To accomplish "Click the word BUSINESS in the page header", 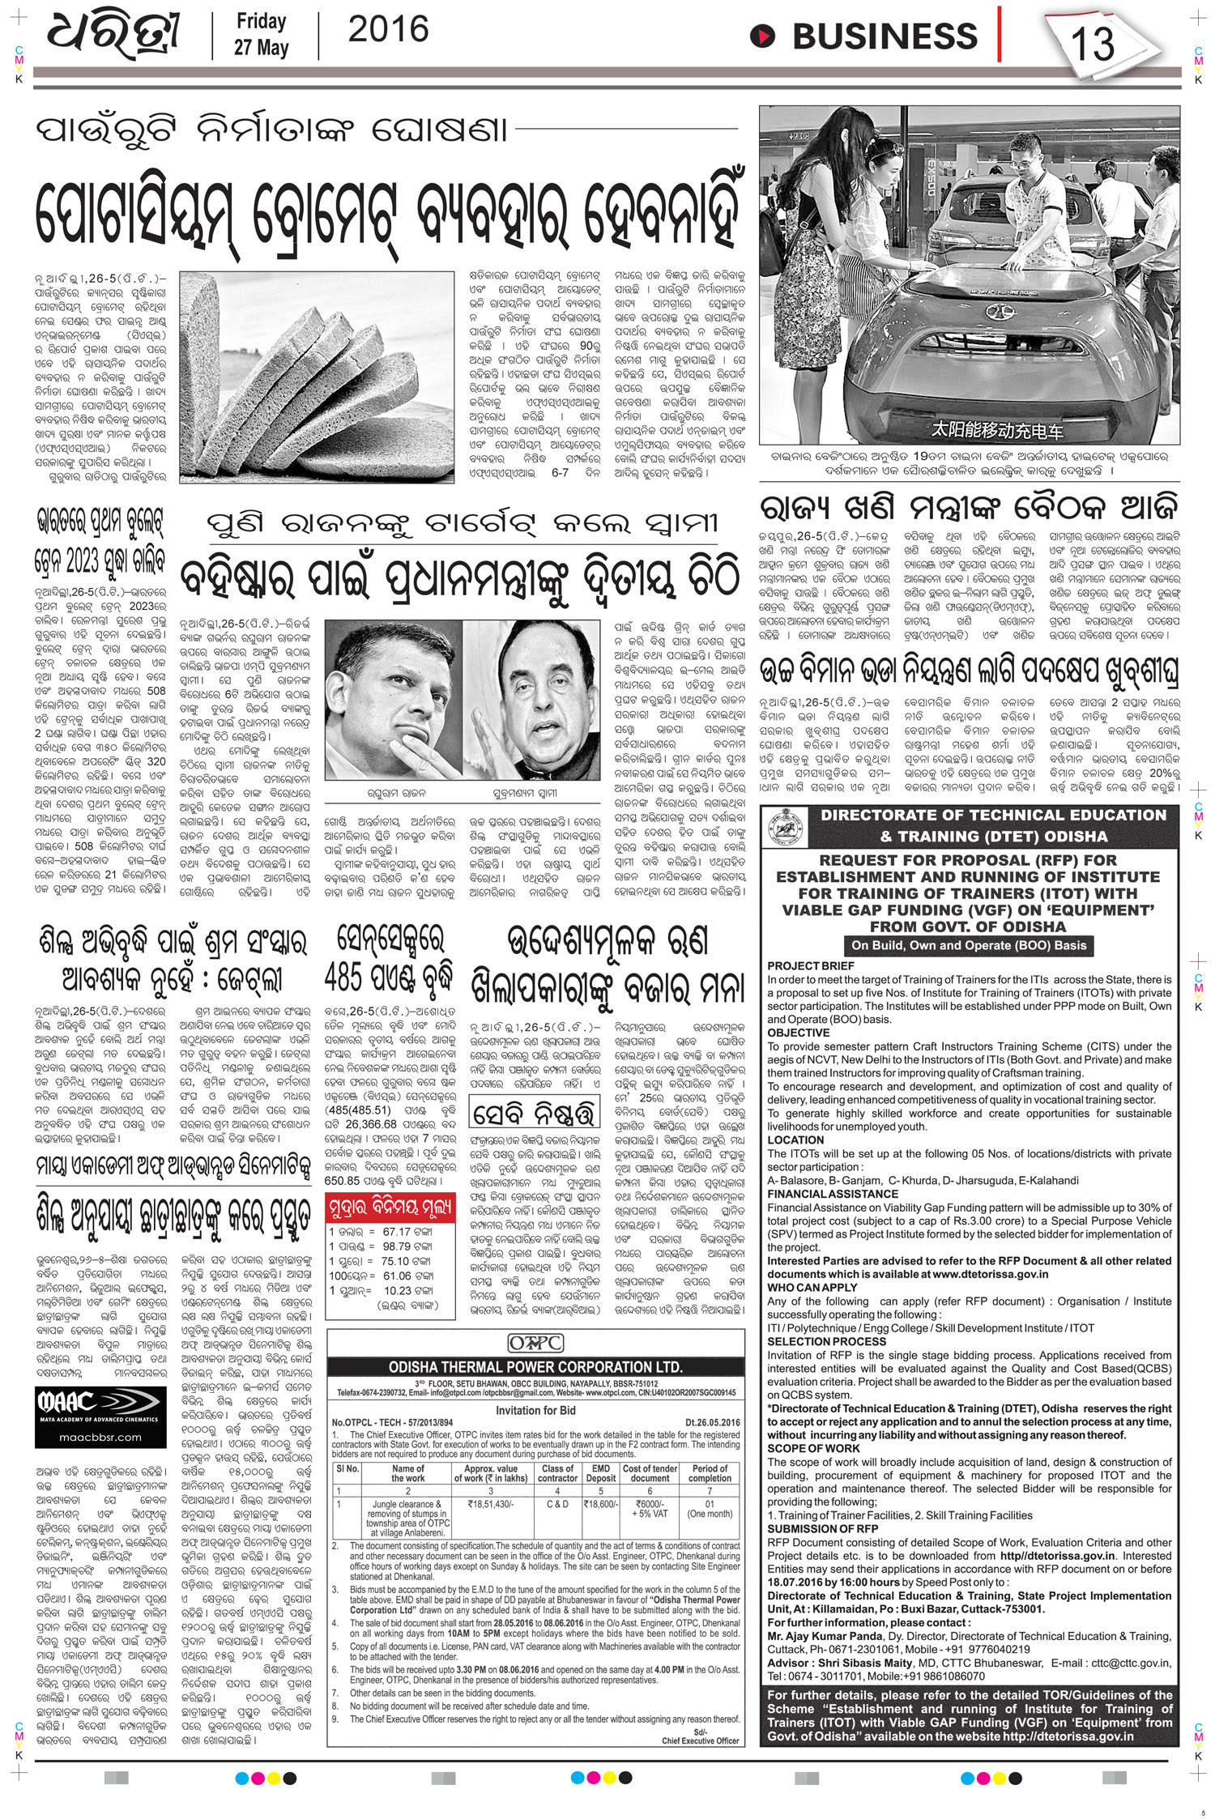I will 885,36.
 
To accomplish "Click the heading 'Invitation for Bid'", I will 537,1410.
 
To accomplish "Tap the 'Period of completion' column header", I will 710,1473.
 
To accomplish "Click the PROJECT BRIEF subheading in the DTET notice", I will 800,966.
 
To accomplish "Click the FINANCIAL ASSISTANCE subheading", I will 821,1194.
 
